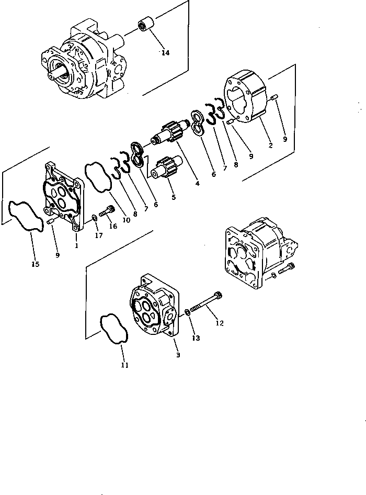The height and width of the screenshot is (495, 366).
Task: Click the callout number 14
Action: click(165, 53)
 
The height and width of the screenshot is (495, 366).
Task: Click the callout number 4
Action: click(197, 183)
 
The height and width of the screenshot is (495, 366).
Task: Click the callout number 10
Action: click(126, 220)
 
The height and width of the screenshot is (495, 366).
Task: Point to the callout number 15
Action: click(35, 264)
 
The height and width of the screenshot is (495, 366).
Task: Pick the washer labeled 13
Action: click(187, 313)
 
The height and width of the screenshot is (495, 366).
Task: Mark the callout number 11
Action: click(124, 365)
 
